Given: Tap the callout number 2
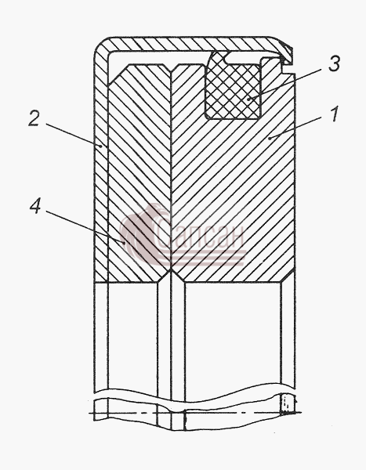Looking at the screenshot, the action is (x=34, y=118).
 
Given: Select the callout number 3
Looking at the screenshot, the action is (x=334, y=64).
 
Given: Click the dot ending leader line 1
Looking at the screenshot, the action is (x=270, y=138).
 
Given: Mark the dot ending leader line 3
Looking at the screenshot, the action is (x=248, y=99).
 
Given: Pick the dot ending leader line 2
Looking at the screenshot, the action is (x=101, y=146).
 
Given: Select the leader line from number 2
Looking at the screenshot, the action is (x=73, y=134).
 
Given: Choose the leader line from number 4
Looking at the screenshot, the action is (x=84, y=226).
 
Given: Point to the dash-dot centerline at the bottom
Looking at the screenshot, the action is (x=195, y=414).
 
